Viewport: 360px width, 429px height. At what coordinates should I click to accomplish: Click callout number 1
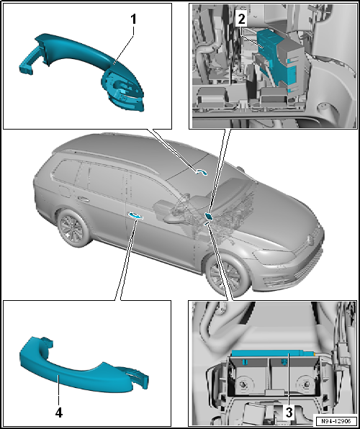click(133, 19)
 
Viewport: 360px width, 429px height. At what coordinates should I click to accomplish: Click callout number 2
click(242, 19)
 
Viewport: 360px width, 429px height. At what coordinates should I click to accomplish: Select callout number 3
click(289, 413)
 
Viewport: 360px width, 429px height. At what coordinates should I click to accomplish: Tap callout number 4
click(59, 413)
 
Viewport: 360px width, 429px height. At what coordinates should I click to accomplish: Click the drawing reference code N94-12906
click(336, 421)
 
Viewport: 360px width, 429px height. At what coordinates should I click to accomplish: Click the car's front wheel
click(228, 274)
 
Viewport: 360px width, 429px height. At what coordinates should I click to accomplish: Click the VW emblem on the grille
click(311, 239)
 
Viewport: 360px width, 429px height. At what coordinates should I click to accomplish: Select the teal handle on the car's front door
click(135, 216)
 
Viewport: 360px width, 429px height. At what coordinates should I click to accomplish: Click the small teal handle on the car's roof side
click(202, 171)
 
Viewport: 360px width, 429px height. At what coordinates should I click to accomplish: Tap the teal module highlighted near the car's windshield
click(209, 216)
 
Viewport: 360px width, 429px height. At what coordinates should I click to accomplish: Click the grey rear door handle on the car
click(83, 199)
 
